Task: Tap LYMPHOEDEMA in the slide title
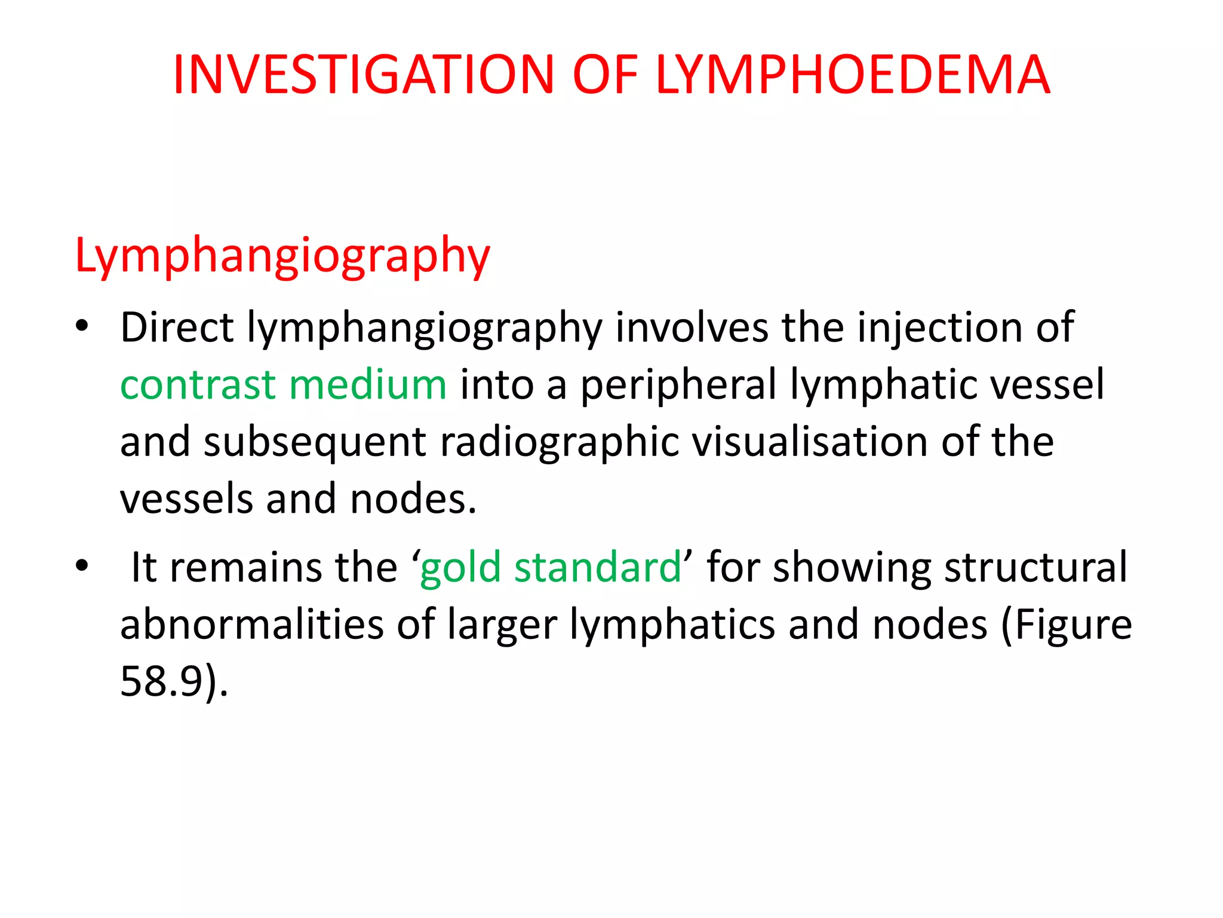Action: (x=852, y=75)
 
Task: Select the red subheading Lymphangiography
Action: (x=282, y=256)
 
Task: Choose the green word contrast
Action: (x=198, y=384)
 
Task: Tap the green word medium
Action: (x=367, y=384)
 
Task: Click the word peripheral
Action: (x=678, y=385)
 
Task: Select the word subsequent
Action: (x=315, y=443)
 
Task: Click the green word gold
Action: (x=460, y=568)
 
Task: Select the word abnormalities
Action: (x=251, y=625)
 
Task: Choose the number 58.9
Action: (x=162, y=681)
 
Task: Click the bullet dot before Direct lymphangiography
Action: (x=82, y=326)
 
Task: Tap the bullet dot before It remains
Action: (x=82, y=565)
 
